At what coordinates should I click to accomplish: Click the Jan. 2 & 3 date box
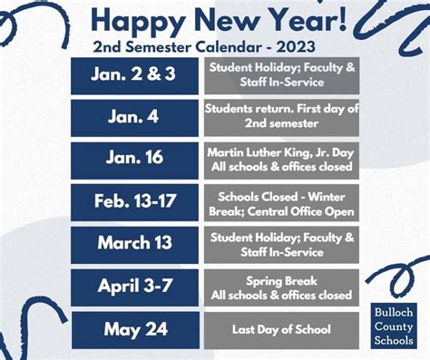tap(135, 75)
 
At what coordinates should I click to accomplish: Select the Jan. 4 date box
tap(135, 117)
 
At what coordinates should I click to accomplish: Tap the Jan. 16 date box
tap(135, 158)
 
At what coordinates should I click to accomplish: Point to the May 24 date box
tap(135, 329)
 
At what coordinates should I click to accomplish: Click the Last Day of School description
tap(281, 329)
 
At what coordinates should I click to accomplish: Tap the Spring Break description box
tap(281, 287)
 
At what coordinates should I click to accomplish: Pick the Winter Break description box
tap(281, 202)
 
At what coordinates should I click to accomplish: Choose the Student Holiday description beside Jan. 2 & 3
tap(281, 75)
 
